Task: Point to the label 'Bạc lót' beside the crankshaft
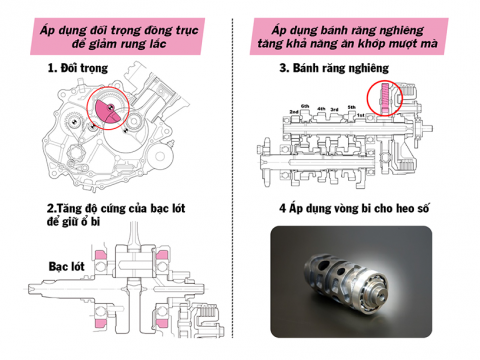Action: pos(42,267)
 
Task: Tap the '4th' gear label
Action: pos(321,107)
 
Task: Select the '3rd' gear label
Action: pos(335,107)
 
